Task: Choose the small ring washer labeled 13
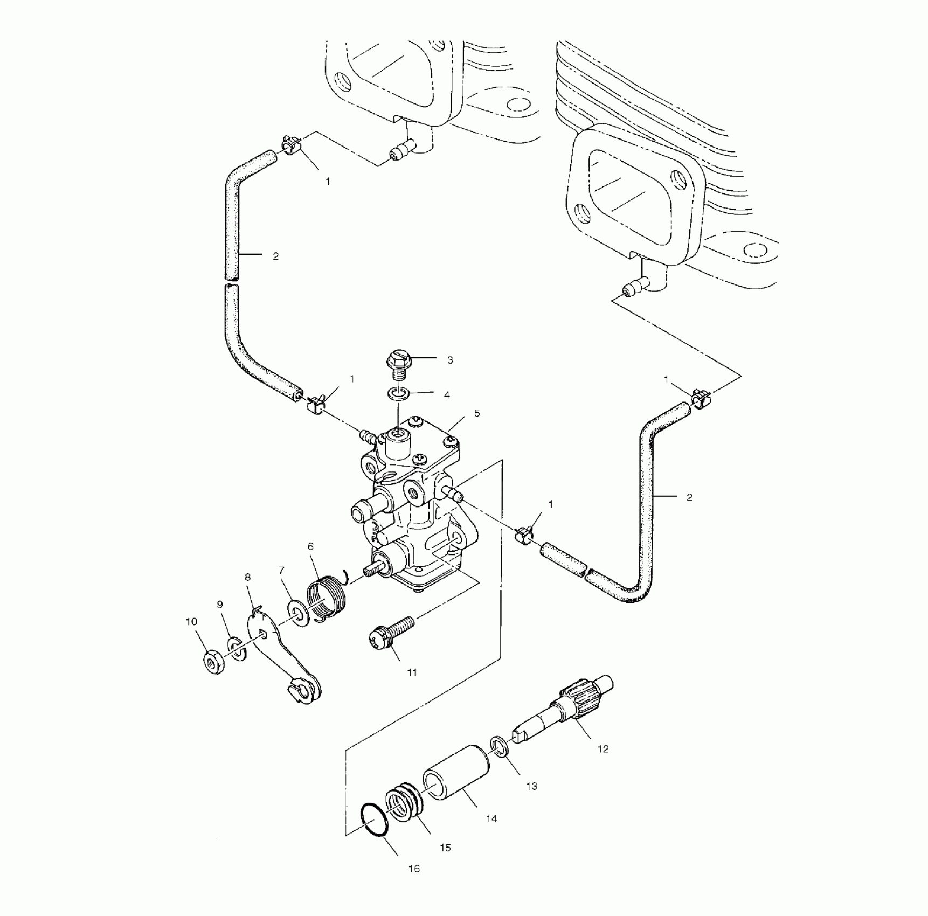(498, 748)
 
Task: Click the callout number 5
(476, 413)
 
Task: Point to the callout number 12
(602, 749)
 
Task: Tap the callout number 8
(247, 577)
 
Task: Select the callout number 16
(414, 869)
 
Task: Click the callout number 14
(491, 819)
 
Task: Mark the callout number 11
(412, 672)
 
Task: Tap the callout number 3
(450, 360)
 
